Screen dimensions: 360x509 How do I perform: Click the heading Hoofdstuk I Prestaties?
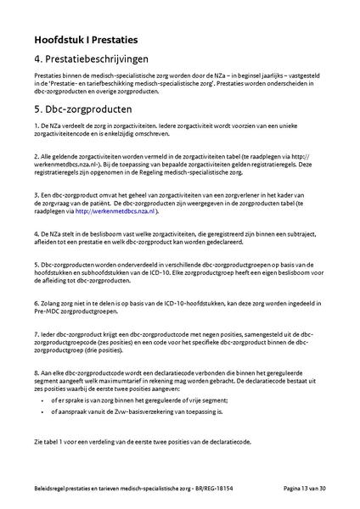coord(87,39)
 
